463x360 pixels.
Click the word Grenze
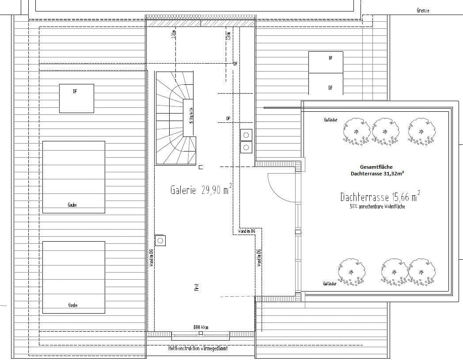(x=423, y=10)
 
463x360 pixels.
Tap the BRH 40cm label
(x=201, y=327)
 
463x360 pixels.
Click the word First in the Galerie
(x=197, y=288)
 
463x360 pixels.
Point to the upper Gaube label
(x=72, y=205)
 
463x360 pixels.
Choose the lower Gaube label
(x=73, y=305)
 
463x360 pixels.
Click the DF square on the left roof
(x=76, y=98)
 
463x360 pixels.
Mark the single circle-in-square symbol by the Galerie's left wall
(x=160, y=240)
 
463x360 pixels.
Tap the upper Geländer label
(x=330, y=120)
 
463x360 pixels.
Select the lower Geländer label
(x=330, y=284)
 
